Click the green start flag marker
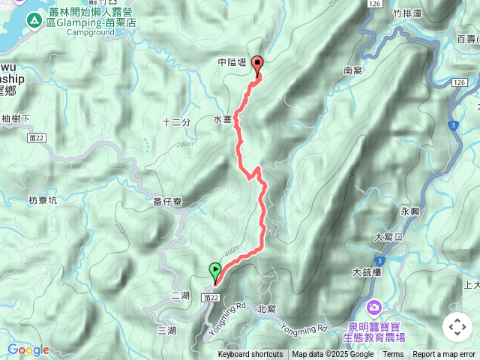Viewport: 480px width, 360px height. pos(216,271)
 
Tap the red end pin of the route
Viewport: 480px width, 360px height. pos(259,65)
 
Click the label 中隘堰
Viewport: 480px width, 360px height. pos(232,63)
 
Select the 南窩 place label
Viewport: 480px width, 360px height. pos(352,70)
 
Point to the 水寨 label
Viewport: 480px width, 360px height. pos(223,119)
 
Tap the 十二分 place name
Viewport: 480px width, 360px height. pos(176,121)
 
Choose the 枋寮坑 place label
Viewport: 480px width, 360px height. pos(43,200)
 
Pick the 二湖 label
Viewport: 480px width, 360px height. pos(180,295)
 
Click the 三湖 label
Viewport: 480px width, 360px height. pos(166,330)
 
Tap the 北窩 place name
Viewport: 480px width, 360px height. pos(266,308)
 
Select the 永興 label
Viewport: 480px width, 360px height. pos(410,211)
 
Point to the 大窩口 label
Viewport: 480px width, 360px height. pos(388,237)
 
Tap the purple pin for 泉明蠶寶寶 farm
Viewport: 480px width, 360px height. pos(373,307)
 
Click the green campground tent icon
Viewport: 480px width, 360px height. pos(34,20)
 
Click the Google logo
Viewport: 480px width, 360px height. pos(28,349)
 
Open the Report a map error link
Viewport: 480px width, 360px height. pos(444,355)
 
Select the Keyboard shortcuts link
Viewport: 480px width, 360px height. pos(250,355)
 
